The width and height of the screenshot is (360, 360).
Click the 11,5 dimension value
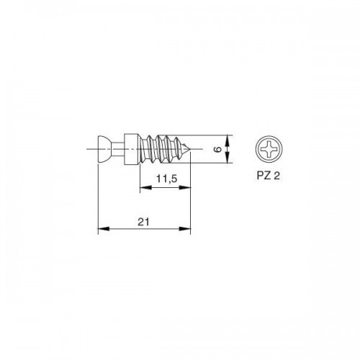click(x=167, y=179)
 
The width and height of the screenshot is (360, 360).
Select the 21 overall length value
click(x=143, y=222)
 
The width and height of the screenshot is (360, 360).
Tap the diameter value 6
click(x=218, y=149)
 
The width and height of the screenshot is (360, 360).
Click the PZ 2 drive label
click(x=269, y=176)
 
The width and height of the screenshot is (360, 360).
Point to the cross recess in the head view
click(x=269, y=149)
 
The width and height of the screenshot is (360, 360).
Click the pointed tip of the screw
click(x=189, y=149)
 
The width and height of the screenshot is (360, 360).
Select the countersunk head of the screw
click(x=104, y=149)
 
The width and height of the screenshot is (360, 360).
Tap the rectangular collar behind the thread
click(x=131, y=149)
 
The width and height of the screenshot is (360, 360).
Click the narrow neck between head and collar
click(x=118, y=149)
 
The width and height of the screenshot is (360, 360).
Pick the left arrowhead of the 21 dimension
click(x=104, y=229)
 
